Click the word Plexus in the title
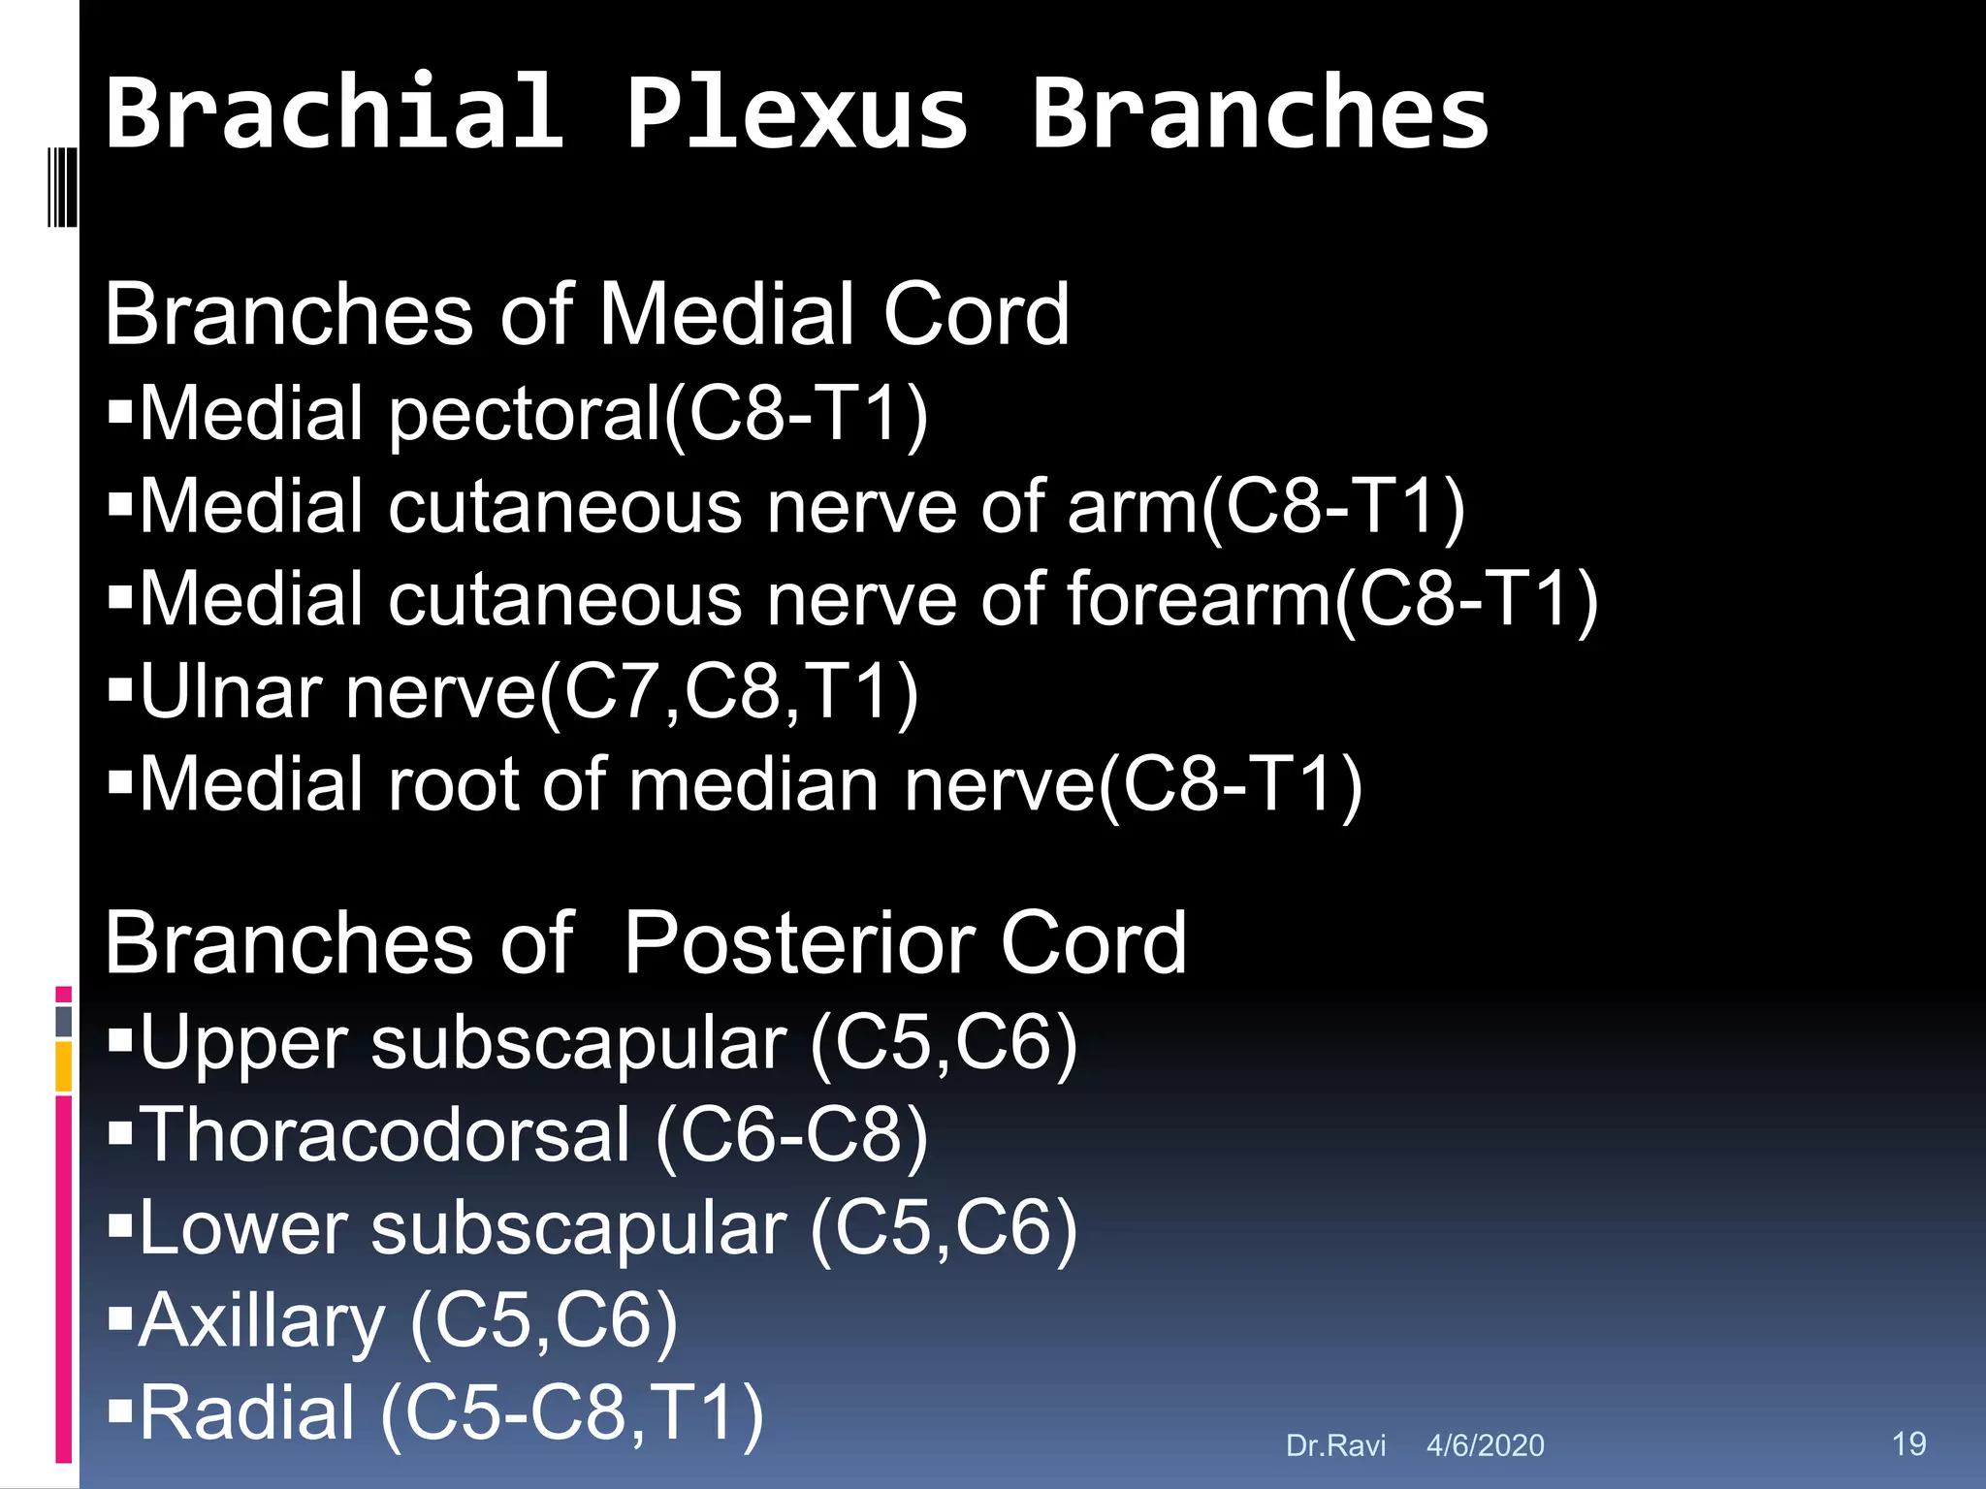click(795, 114)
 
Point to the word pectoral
click(525, 415)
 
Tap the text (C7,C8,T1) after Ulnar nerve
click(728, 692)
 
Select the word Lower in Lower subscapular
click(243, 1228)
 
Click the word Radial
click(247, 1413)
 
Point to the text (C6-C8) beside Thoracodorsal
click(791, 1135)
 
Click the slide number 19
click(1908, 1443)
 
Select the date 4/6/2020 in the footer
click(1485, 1446)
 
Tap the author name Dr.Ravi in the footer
click(1335, 1446)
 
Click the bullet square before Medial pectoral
click(120, 412)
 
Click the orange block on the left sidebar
click(63, 1066)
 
